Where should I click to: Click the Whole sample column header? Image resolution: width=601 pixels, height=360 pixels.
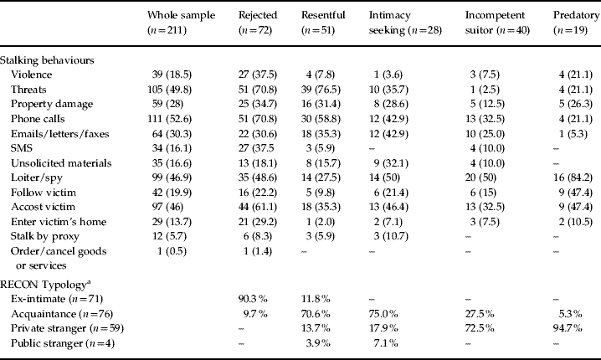click(x=182, y=23)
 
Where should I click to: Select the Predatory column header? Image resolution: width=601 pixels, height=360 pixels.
click(x=576, y=23)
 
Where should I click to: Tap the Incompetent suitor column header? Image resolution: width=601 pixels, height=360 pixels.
click(x=497, y=23)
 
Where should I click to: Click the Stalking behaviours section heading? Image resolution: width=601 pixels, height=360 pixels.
click(x=47, y=60)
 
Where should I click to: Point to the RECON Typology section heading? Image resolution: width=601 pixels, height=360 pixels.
click(x=45, y=285)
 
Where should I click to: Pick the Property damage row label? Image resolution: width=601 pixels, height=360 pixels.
click(x=52, y=104)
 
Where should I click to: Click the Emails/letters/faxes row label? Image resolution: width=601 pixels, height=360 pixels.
click(x=59, y=134)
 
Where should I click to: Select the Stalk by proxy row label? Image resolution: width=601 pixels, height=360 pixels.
click(x=45, y=236)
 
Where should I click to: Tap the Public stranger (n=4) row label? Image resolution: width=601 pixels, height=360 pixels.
click(x=63, y=342)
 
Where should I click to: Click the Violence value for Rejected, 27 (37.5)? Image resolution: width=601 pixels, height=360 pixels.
click(x=258, y=75)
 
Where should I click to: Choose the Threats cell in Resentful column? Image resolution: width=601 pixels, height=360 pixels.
click(x=321, y=90)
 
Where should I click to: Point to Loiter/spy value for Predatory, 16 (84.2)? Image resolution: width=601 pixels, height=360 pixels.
click(x=576, y=177)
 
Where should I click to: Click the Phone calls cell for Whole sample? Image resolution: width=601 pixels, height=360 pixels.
click(x=169, y=119)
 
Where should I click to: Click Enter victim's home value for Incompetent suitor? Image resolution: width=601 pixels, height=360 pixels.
click(x=485, y=222)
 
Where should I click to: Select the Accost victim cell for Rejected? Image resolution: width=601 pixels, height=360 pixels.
click(x=258, y=207)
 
